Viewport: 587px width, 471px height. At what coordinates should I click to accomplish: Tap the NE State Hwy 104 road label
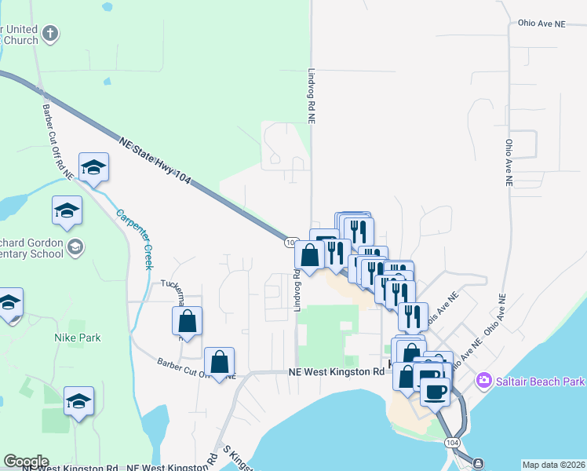156,161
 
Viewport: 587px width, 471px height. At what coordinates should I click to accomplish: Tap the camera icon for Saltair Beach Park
483,381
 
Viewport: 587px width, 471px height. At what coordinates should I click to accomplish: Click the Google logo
26,461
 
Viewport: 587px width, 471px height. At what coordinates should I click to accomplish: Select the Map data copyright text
553,465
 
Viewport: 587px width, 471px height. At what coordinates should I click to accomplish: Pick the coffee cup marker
436,391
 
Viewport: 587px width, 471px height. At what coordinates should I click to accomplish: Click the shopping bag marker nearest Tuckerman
187,320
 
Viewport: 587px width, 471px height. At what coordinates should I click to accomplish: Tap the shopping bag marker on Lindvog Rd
310,254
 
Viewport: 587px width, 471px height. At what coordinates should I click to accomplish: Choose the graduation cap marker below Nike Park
78,401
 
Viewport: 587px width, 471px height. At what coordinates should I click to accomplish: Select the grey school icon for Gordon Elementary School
75,247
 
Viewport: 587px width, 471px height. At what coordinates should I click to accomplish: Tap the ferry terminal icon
478,463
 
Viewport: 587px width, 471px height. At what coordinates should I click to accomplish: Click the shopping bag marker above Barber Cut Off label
220,362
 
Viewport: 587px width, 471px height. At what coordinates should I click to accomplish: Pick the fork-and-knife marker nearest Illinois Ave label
413,316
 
